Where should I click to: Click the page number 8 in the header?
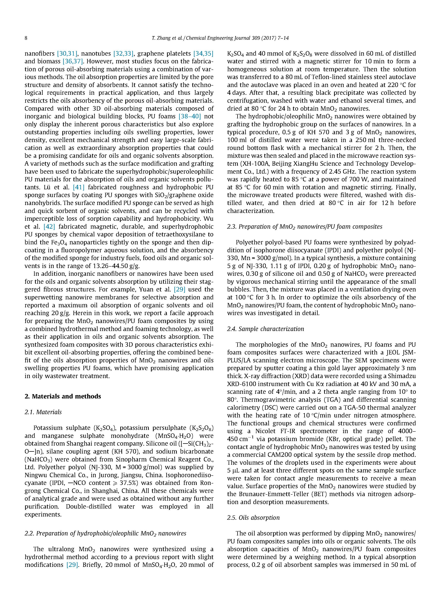tap(26, 38)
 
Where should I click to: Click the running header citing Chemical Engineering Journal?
tap(220, 38)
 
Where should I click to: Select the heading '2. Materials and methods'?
tap(63, 396)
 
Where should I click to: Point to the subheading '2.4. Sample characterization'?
tap(265, 329)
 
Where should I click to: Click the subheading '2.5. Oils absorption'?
tap(253, 517)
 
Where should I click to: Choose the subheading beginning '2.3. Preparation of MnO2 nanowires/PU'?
tap(305, 226)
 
